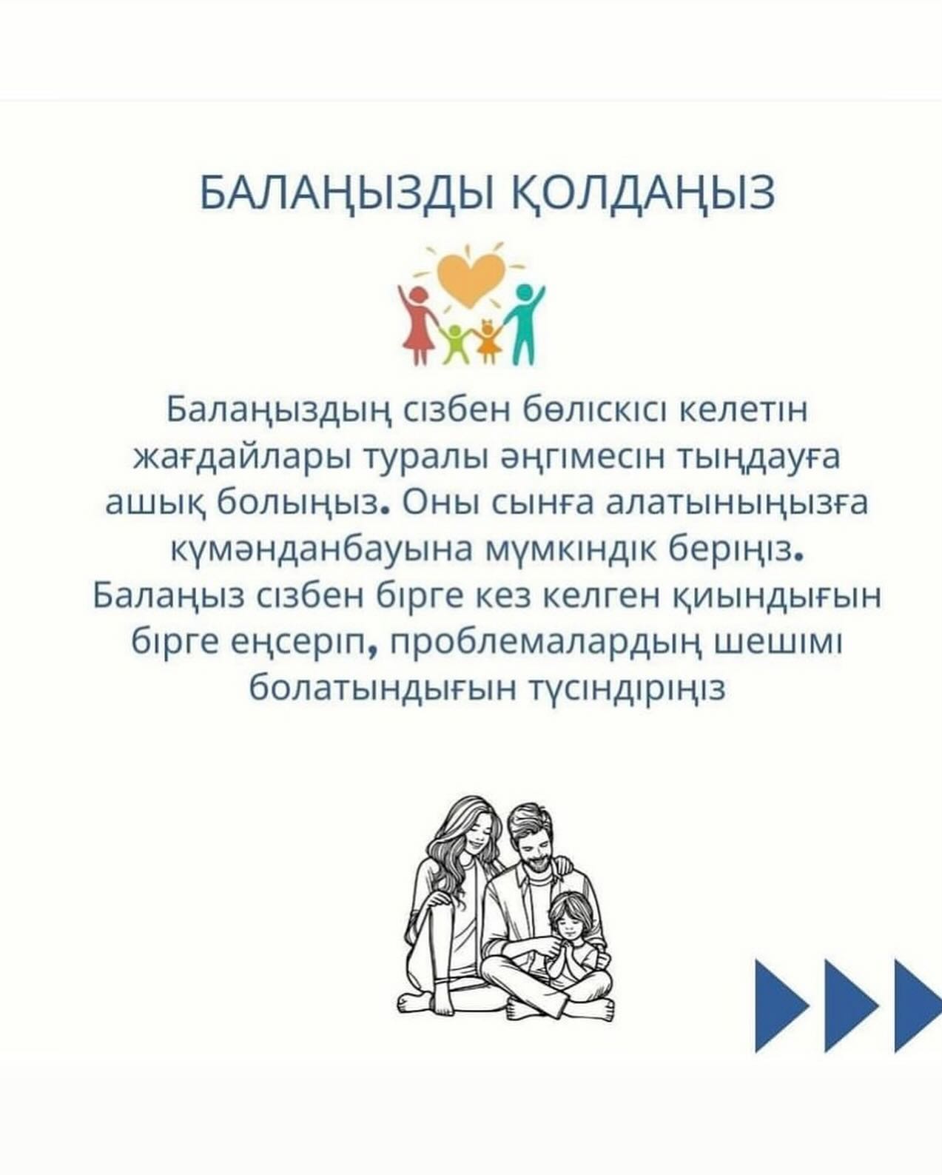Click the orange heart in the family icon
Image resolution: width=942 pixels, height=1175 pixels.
click(x=471, y=280)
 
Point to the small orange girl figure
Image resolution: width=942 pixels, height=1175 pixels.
click(x=488, y=341)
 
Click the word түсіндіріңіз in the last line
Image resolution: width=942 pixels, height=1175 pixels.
click(x=628, y=689)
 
